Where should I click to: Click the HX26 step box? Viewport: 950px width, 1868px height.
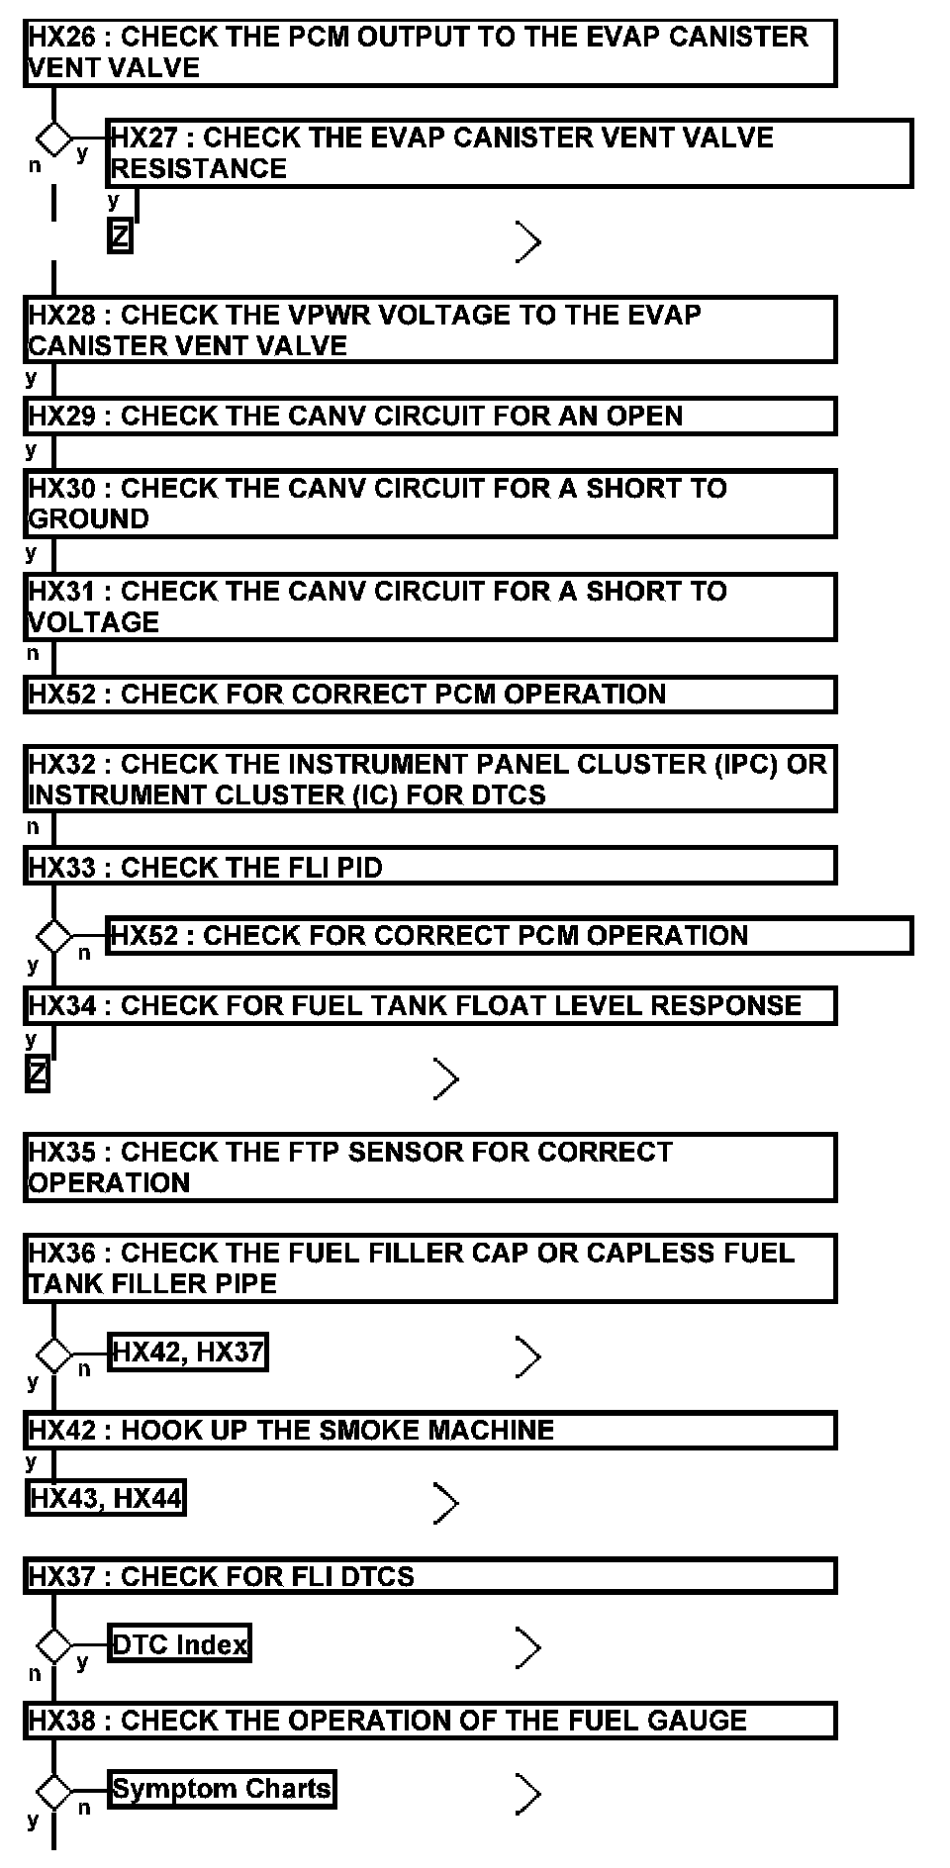pos(429,52)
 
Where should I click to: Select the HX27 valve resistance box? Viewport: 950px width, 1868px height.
pos(509,153)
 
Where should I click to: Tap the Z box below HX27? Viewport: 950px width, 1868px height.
pos(120,237)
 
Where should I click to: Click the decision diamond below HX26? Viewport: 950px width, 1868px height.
pos(53,136)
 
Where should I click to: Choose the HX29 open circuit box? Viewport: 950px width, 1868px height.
pos(429,416)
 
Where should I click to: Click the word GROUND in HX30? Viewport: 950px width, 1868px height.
pos(89,519)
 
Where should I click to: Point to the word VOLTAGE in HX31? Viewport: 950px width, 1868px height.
pos(94,622)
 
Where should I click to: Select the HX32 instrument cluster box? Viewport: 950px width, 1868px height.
pos(429,780)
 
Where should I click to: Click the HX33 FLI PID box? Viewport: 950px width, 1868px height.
pos(429,868)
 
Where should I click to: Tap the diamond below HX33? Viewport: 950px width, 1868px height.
pos(53,934)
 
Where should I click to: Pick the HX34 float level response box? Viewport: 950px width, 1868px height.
pos(429,1006)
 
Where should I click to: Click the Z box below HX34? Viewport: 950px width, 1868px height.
pos(37,1074)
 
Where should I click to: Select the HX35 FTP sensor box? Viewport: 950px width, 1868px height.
pos(429,1167)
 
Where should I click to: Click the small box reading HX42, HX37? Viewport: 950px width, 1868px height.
pos(187,1353)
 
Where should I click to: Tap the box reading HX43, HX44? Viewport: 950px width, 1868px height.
pos(105,1499)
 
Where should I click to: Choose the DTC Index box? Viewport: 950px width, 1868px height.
pos(179,1644)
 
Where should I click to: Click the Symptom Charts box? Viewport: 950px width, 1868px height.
pos(222,1789)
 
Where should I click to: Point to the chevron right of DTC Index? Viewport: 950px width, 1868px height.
pos(528,1647)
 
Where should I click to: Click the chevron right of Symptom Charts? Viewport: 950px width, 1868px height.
pos(528,1794)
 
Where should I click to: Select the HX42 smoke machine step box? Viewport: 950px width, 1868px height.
pos(429,1431)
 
